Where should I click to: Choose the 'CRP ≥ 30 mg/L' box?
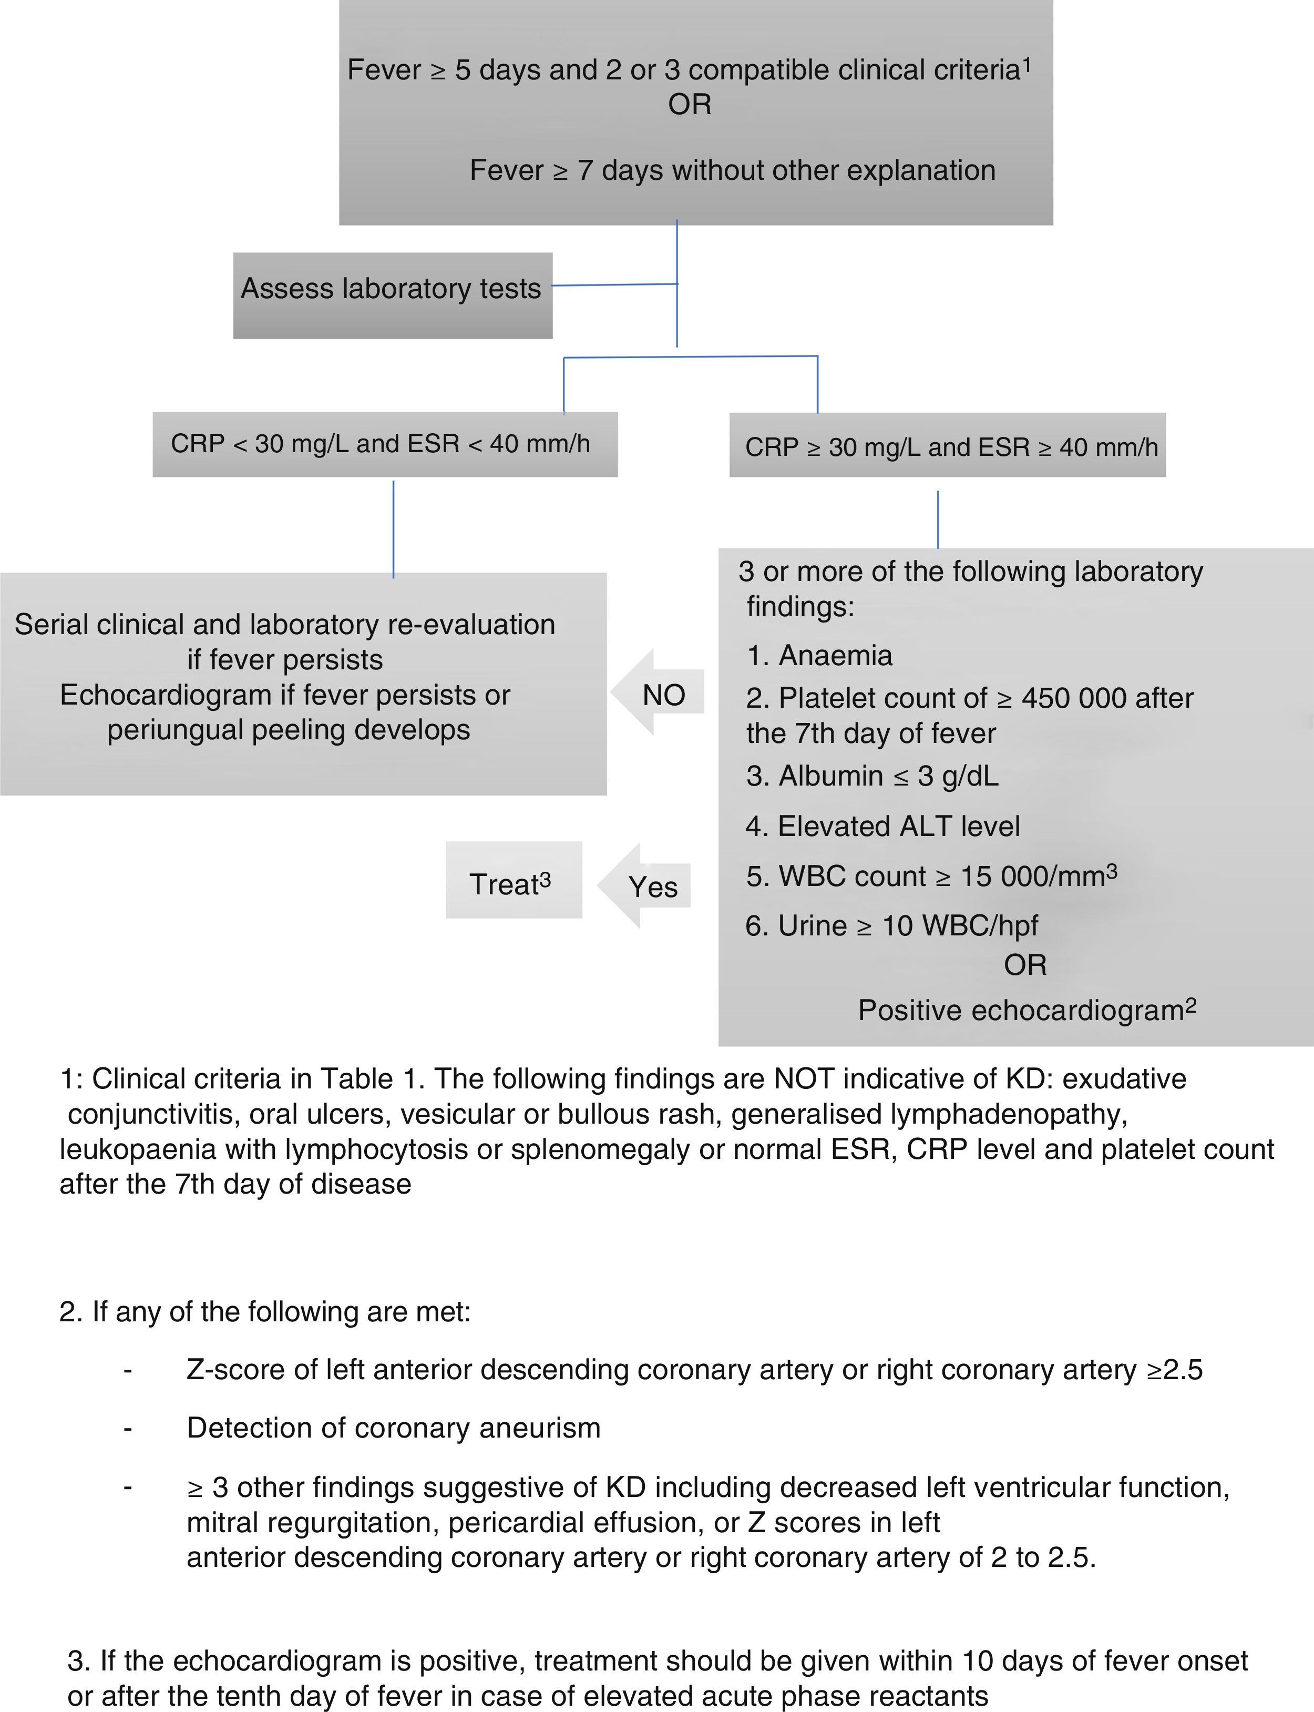(x=947, y=445)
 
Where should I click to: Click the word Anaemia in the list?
(x=835, y=656)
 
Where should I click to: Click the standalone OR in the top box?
(x=689, y=105)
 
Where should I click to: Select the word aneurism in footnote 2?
(x=540, y=1428)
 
